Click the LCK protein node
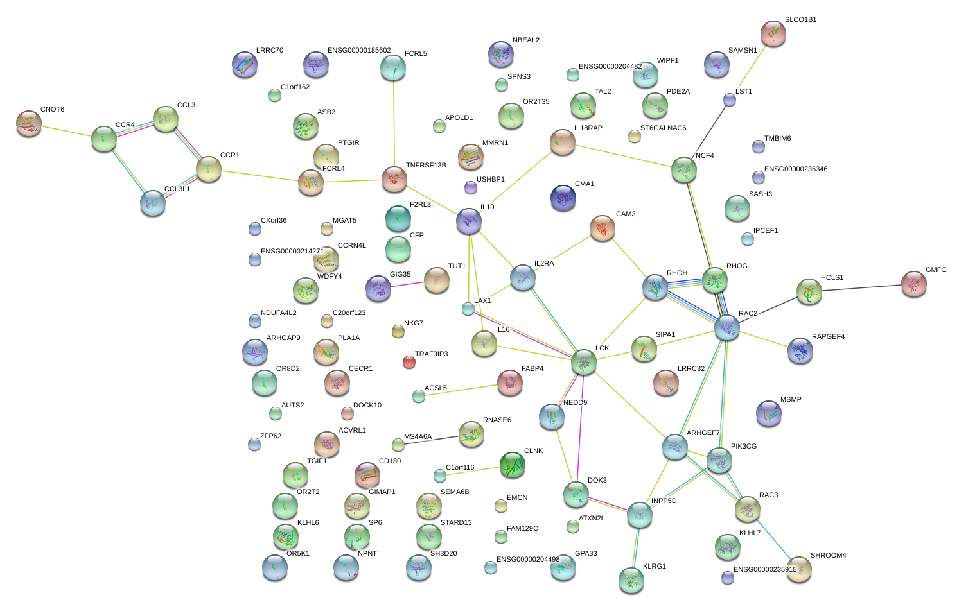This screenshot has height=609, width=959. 584,362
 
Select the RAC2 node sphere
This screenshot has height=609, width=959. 727,327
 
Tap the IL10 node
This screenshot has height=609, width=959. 469,221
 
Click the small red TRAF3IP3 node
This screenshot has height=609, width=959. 409,362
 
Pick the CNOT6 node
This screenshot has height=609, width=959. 29,123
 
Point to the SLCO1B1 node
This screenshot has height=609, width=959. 773,33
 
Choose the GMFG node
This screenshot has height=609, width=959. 914,284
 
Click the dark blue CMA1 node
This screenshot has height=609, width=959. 563,198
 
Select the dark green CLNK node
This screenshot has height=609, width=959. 513,465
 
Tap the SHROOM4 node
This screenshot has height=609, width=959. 800,569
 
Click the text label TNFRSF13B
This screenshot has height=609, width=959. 426,166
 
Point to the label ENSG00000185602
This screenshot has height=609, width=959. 358,51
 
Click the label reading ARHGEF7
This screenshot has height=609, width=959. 703,433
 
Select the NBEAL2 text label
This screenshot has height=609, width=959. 526,40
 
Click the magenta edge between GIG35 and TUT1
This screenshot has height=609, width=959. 407,283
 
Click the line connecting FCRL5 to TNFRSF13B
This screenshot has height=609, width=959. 394,122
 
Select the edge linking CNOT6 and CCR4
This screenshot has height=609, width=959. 66,131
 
